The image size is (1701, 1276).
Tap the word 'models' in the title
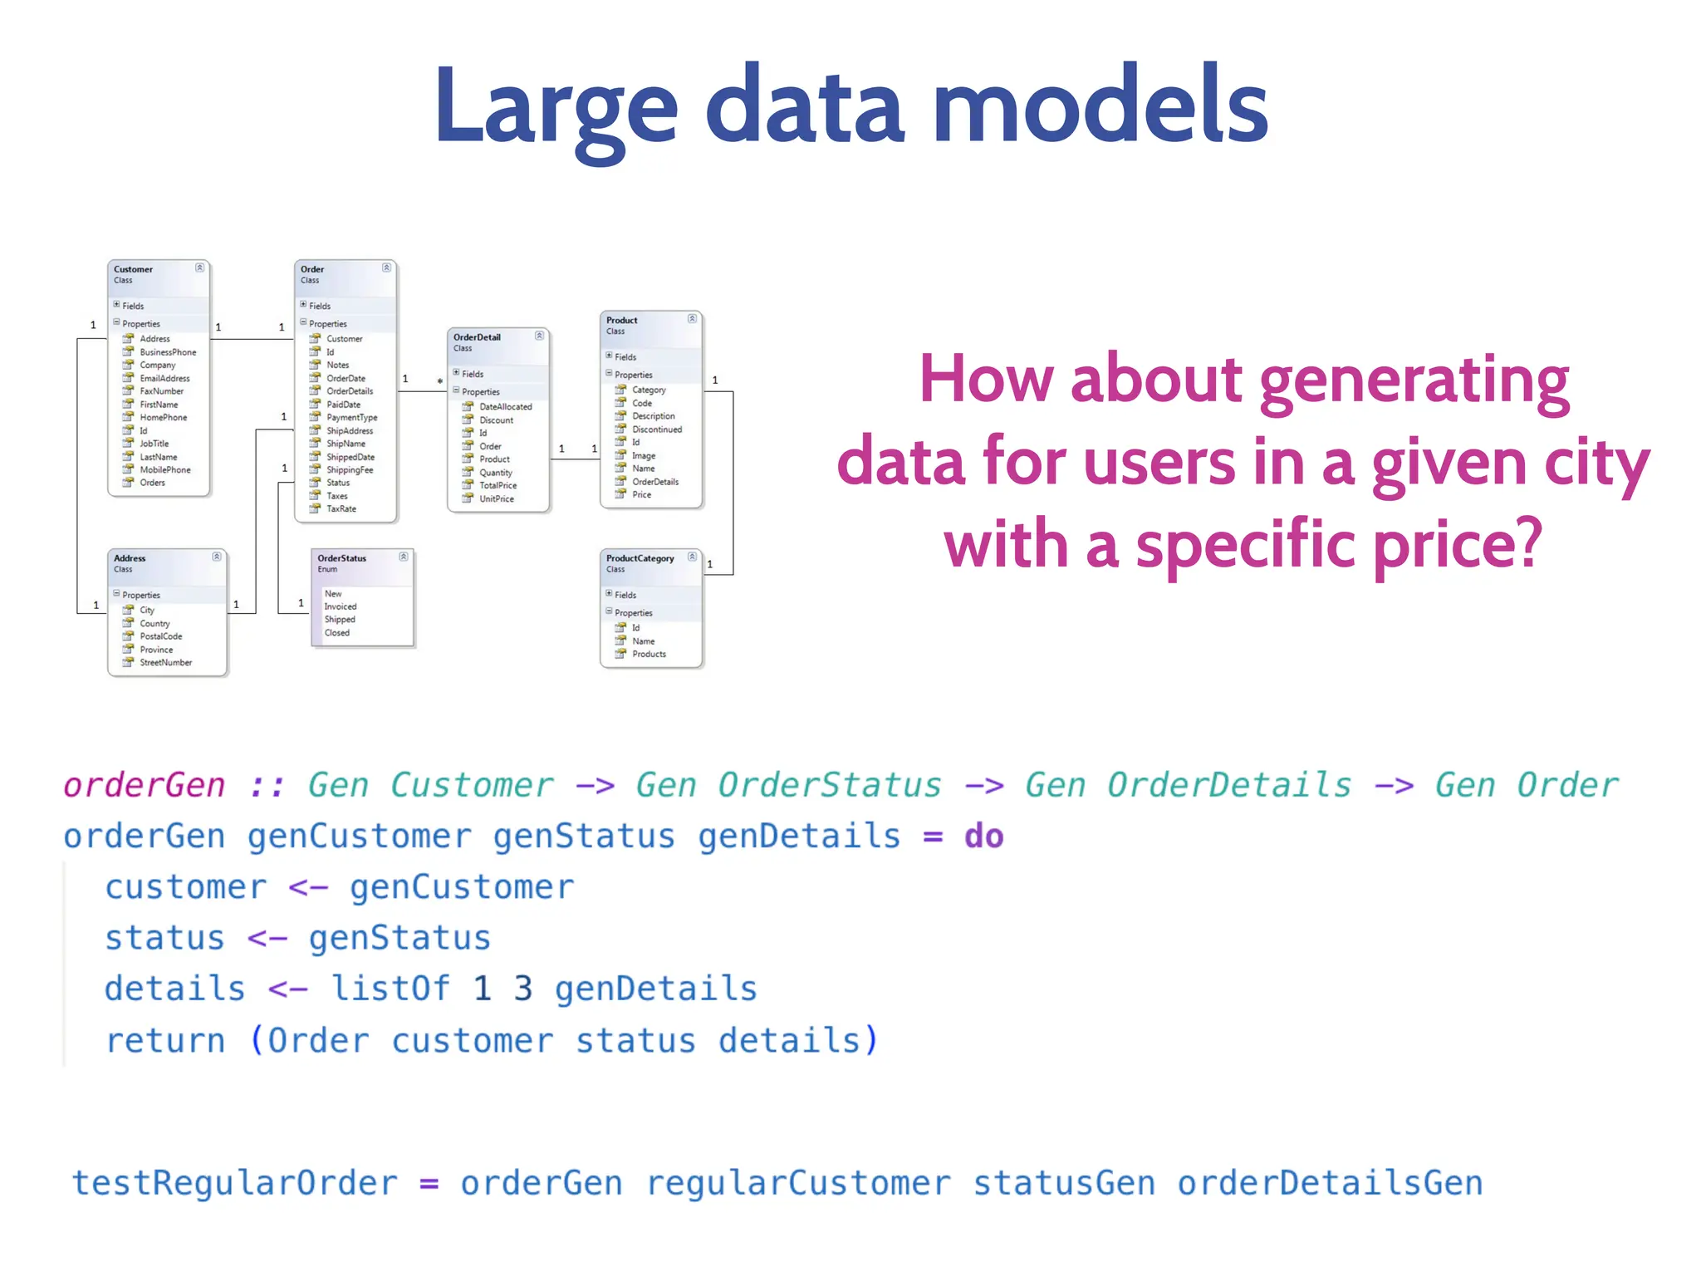tap(1100, 108)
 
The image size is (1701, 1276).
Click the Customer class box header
tap(158, 274)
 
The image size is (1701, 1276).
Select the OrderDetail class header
tap(497, 342)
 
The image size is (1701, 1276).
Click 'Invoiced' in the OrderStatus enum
tap(341, 606)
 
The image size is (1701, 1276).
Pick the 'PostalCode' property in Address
tap(160, 636)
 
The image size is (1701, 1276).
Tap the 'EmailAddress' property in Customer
tap(164, 378)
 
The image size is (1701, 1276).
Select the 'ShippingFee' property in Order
tap(350, 470)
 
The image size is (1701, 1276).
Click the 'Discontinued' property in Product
tap(656, 429)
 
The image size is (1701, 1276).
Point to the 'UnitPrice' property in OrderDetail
tap(496, 499)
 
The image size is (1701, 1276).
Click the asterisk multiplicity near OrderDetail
tap(440, 382)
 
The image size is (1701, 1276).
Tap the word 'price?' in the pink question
tap(1458, 545)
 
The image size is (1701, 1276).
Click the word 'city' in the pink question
tap(1596, 462)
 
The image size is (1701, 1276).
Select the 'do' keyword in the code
tap(983, 837)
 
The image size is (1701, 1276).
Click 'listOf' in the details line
tap(390, 989)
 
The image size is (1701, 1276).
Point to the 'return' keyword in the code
tap(165, 1040)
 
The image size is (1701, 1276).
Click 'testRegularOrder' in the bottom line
tap(235, 1183)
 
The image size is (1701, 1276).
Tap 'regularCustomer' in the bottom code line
tap(798, 1183)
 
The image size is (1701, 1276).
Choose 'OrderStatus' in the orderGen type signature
tap(829, 785)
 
